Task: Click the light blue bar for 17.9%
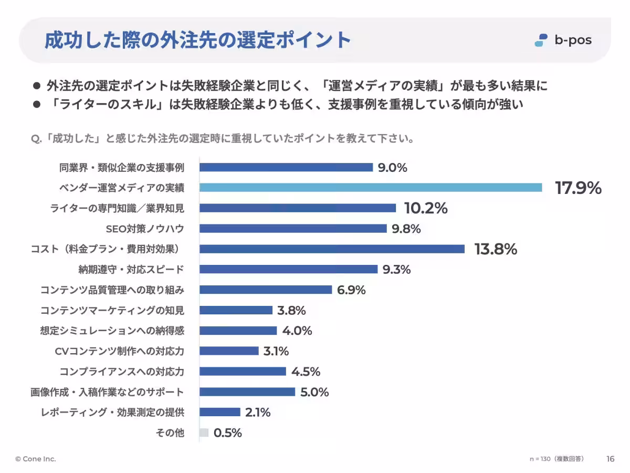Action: click(x=371, y=188)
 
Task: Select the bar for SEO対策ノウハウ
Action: click(x=293, y=229)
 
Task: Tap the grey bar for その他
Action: click(x=204, y=433)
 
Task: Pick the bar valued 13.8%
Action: click(x=332, y=249)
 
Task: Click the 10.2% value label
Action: click(x=425, y=208)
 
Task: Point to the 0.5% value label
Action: click(x=227, y=433)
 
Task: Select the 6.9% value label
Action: click(x=351, y=290)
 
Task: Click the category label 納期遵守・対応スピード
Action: click(x=131, y=270)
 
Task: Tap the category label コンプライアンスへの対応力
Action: click(x=122, y=372)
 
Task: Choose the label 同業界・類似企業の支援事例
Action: click(x=122, y=168)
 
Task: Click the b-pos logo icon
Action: click(x=541, y=40)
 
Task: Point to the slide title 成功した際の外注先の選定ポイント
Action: click(x=197, y=40)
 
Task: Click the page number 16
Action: click(x=611, y=459)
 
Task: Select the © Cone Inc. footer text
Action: click(x=36, y=459)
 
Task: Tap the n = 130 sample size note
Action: click(x=556, y=459)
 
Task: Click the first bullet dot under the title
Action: click(x=37, y=85)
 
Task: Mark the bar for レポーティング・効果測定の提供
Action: click(x=219, y=413)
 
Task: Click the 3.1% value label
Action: click(x=276, y=351)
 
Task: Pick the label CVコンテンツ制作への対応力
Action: click(x=120, y=351)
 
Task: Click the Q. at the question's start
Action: click(x=36, y=139)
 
